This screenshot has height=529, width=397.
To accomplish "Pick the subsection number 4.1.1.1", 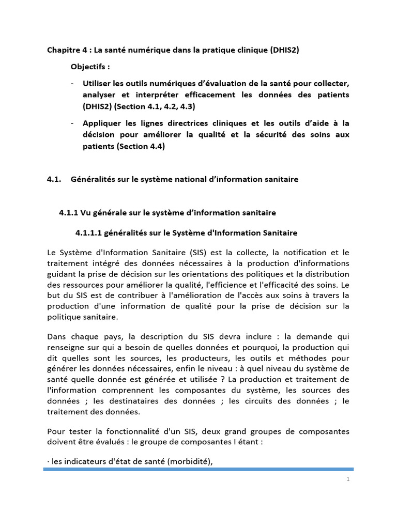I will (x=88, y=233).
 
